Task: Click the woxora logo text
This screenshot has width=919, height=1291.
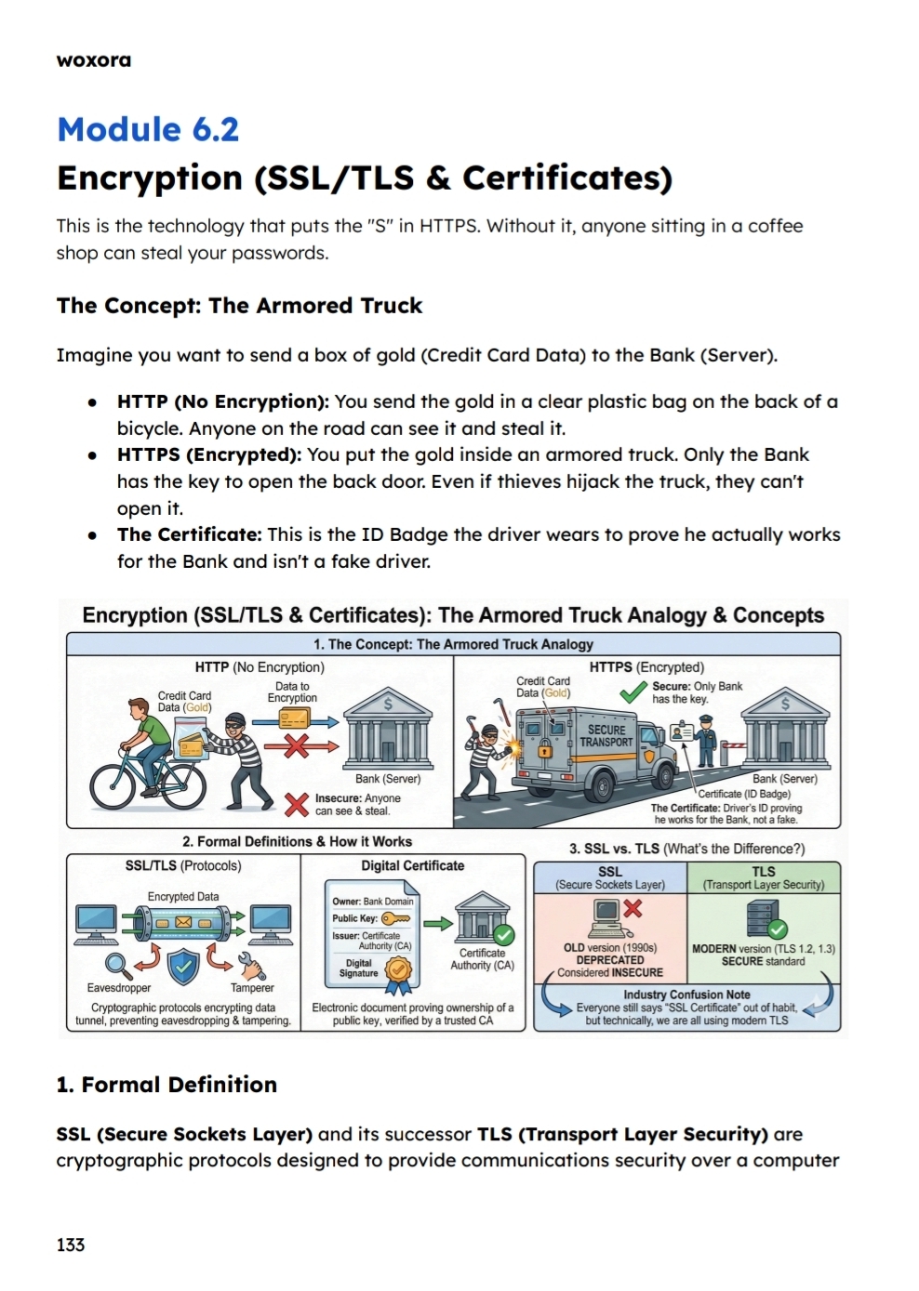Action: tap(94, 60)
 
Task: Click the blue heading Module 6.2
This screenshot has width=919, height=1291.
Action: tap(148, 129)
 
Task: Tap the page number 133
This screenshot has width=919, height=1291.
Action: tap(71, 1245)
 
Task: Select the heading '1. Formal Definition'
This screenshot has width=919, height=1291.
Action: tap(166, 1085)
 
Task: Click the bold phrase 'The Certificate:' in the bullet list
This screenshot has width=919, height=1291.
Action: tap(189, 534)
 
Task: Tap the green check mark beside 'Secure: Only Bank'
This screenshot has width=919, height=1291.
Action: tap(633, 692)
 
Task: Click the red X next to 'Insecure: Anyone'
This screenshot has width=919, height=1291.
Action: tap(296, 804)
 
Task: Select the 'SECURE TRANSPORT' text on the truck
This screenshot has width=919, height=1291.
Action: tap(606, 736)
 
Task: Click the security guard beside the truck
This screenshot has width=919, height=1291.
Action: tap(704, 740)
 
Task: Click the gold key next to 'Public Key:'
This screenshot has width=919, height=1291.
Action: tap(395, 918)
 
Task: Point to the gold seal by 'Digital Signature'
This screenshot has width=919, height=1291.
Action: tap(398, 969)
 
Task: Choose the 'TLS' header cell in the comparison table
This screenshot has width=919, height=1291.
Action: tap(764, 877)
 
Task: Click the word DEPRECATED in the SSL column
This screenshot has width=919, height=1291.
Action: tap(610, 960)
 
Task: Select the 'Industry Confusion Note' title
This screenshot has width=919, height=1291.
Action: tap(686, 995)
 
